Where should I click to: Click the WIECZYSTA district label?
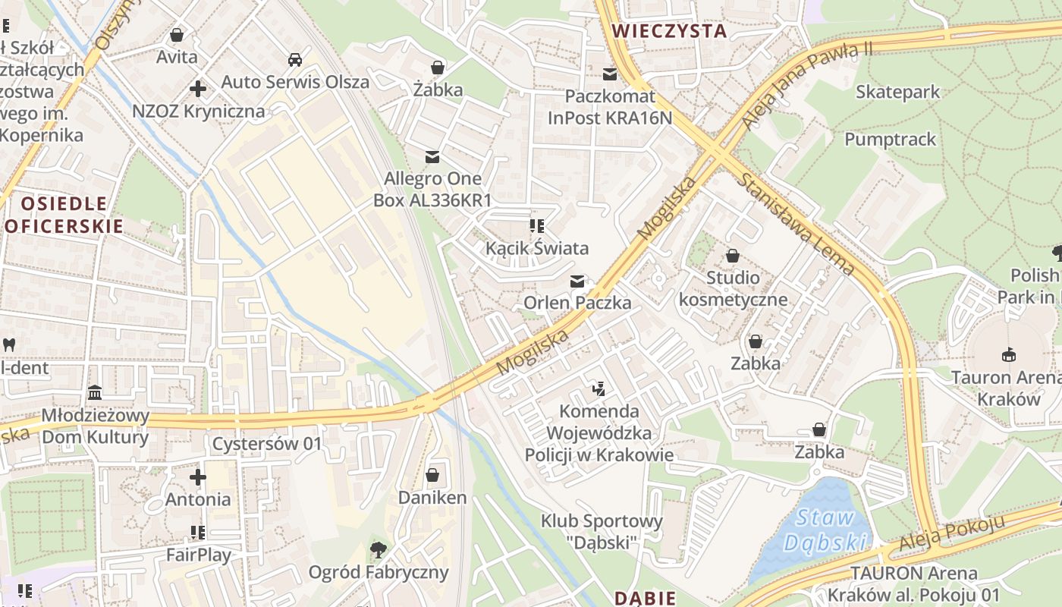[669, 31]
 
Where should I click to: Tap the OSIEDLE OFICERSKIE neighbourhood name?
[64, 215]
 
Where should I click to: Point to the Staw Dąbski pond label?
[825, 530]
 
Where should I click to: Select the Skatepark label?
[897, 92]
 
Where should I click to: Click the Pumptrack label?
[890, 140]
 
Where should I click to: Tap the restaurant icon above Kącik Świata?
[537, 226]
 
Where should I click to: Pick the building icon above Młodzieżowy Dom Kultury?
[96, 393]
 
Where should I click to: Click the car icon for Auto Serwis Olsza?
[295, 60]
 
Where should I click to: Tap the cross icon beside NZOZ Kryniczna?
[198, 89]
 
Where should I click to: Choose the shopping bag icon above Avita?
[177, 35]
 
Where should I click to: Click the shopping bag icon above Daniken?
[432, 476]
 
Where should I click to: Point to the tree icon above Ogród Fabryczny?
[378, 549]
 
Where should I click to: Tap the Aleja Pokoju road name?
[952, 534]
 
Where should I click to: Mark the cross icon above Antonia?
[198, 477]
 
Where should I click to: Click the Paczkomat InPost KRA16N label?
[610, 107]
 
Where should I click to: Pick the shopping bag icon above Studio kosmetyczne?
[733, 256]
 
